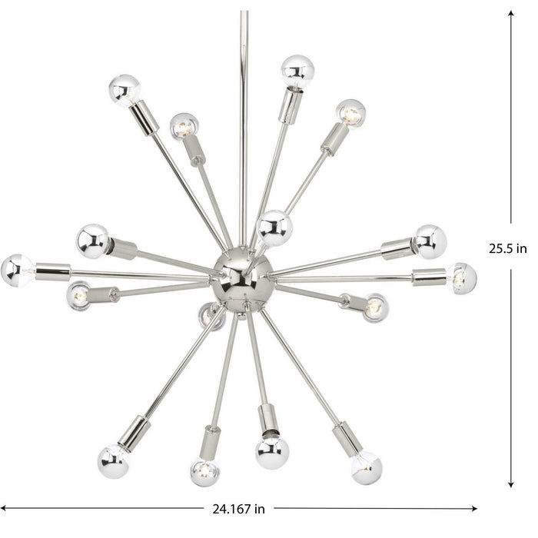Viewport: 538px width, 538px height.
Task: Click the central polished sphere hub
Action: (x=242, y=277)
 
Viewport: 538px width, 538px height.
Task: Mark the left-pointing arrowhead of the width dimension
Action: (x=6, y=508)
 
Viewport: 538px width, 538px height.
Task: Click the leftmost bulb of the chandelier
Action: (x=17, y=270)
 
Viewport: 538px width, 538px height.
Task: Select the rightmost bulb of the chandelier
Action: (x=461, y=277)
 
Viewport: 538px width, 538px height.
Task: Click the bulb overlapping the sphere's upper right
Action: (x=274, y=227)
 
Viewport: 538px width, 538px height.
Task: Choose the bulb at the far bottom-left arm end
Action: (x=114, y=460)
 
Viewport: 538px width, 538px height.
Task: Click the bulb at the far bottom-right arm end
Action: (x=367, y=467)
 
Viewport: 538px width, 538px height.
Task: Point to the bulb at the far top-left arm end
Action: (x=125, y=90)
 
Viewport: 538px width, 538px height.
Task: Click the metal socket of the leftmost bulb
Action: (x=53, y=271)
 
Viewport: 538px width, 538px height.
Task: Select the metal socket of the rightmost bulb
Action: (x=429, y=277)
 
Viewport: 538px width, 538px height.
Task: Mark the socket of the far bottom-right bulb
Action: (x=347, y=439)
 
